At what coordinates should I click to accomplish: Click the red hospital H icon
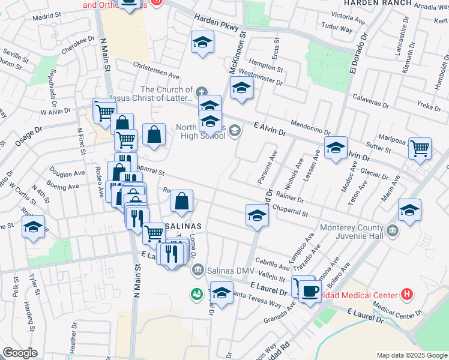click(408, 295)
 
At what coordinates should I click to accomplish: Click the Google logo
click(20, 353)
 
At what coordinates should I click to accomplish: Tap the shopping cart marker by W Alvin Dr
click(104, 111)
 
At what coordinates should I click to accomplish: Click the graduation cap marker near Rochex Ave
click(34, 227)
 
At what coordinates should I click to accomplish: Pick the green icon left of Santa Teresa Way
click(196, 294)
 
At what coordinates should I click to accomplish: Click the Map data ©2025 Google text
click(411, 355)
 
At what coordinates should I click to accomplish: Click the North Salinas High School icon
click(235, 130)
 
